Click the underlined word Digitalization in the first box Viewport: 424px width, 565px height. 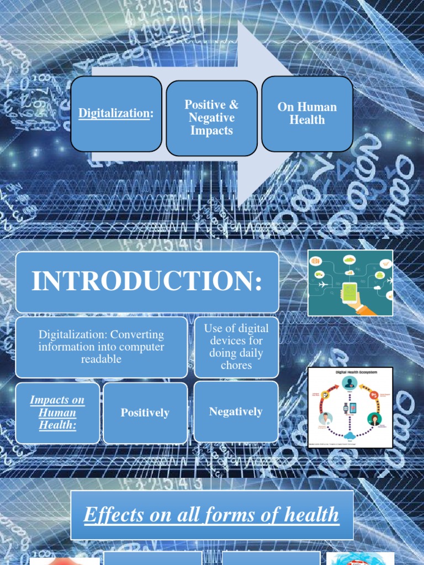click(115, 113)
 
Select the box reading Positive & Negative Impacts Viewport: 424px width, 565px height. click(211, 118)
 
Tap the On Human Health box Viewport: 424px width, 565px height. click(307, 113)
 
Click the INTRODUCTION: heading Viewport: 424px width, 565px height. click(147, 281)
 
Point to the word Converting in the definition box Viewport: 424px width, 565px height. click(137, 335)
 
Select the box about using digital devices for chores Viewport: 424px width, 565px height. click(236, 347)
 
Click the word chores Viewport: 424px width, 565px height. click(236, 365)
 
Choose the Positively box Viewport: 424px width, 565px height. click(145, 413)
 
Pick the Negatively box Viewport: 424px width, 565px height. click(236, 412)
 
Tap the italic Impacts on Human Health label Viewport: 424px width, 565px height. click(57, 413)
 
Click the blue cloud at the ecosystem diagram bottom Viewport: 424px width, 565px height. click(349, 435)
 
